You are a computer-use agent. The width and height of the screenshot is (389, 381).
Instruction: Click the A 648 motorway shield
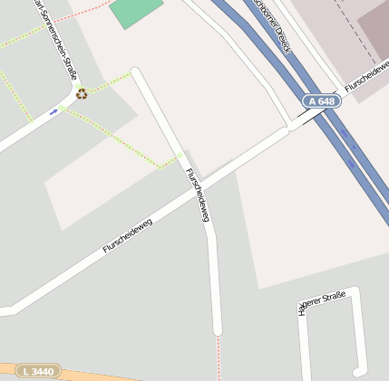pos(321,101)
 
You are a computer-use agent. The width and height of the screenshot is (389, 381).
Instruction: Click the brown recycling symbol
pos(82,93)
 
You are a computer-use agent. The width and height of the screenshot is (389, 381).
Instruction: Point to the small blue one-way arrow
pos(53,111)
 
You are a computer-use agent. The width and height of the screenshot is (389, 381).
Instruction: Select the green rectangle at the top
pos(136,11)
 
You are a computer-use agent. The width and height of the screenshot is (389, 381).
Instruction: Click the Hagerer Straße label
pos(322,302)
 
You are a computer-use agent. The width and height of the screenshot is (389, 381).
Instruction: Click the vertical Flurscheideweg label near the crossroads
pos(198,195)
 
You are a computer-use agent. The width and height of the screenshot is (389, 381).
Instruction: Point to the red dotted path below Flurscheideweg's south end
pos(218,357)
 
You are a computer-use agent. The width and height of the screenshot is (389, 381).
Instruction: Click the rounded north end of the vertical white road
pos(136,72)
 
